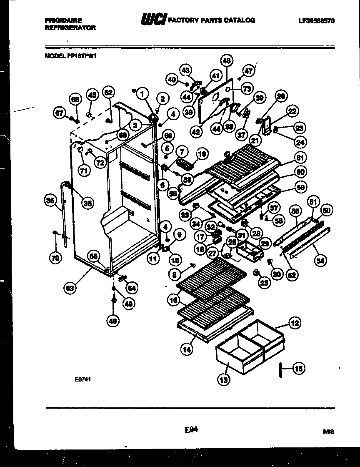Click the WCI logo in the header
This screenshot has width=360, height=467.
pyautogui.click(x=154, y=19)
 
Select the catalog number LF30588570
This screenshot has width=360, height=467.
pyautogui.click(x=316, y=20)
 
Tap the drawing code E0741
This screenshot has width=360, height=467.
pyautogui.click(x=83, y=379)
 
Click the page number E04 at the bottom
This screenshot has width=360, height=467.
pyautogui.click(x=190, y=428)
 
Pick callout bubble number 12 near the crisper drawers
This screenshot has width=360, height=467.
pyautogui.click(x=294, y=323)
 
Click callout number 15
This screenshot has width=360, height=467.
pyautogui.click(x=299, y=368)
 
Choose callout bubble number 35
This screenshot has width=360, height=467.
pyautogui.click(x=50, y=201)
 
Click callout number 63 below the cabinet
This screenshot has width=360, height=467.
pyautogui.click(x=70, y=287)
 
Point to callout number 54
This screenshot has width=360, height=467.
pyautogui.click(x=320, y=261)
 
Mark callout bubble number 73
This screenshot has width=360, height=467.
pyautogui.click(x=247, y=88)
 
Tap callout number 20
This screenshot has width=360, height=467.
pyautogui.click(x=280, y=96)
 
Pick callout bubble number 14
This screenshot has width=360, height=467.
pyautogui.click(x=187, y=349)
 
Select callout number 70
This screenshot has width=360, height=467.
pyautogui.click(x=55, y=258)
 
